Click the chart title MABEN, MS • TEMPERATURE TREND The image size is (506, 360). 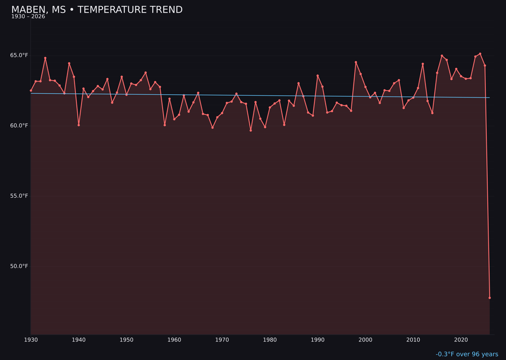(97, 10)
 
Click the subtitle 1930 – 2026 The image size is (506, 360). (28, 17)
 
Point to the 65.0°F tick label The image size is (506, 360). (19, 55)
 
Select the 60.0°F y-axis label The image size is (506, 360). (19, 126)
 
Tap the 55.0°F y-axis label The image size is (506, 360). (19, 196)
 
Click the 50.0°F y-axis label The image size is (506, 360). (19, 266)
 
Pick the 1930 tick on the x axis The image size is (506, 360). (31, 340)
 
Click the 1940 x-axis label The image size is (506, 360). (79, 340)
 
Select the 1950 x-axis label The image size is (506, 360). (126, 340)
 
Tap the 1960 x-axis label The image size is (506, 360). (174, 340)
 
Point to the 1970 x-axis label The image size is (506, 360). (222, 340)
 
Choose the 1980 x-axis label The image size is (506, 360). (270, 340)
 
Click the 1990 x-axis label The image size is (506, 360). (318, 340)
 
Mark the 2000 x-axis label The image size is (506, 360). (365, 340)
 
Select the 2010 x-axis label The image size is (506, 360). (413, 340)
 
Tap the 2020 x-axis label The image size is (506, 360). (461, 340)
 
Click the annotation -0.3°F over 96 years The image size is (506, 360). (467, 354)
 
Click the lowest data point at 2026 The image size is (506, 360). (490, 298)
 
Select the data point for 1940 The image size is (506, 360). (79, 125)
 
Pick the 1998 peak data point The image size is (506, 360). (356, 62)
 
